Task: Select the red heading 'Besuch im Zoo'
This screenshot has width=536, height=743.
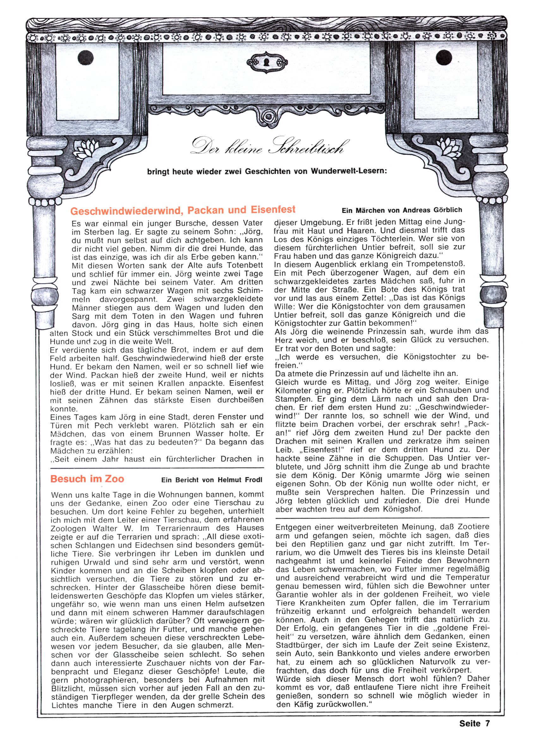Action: [x=87, y=479]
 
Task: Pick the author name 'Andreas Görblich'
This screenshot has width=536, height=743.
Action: [x=434, y=210]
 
